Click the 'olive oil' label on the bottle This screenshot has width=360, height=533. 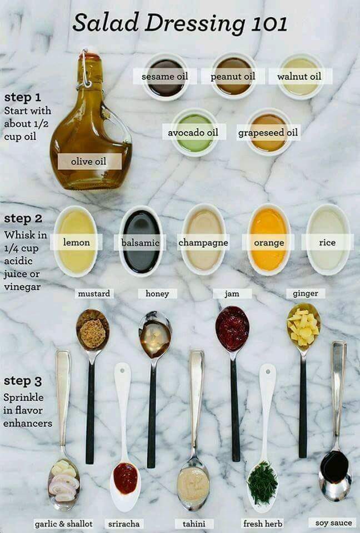click(x=89, y=162)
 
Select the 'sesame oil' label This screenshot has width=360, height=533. click(x=164, y=76)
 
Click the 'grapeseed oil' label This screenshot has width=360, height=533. click(x=268, y=133)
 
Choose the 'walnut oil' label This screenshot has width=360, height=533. click(x=299, y=76)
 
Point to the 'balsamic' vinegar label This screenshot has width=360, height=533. click(x=141, y=243)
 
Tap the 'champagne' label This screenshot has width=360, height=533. click(x=203, y=243)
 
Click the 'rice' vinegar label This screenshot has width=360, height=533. click(x=327, y=243)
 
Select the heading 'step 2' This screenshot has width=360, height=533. click(x=23, y=218)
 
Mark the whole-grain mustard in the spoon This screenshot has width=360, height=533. click(x=92, y=333)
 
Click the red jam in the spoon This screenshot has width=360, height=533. click(x=232, y=329)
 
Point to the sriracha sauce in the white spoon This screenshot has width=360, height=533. click(x=126, y=477)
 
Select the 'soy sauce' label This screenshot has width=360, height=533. click(x=333, y=523)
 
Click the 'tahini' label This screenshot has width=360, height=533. click(x=194, y=524)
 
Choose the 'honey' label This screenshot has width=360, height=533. click(x=157, y=294)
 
